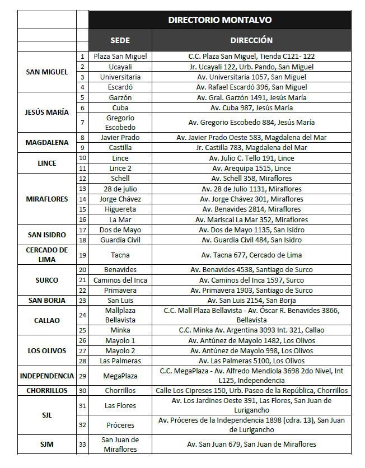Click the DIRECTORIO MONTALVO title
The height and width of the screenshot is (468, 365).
pyautogui.click(x=220, y=20)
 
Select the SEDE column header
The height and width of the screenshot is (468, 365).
pyautogui.click(x=120, y=40)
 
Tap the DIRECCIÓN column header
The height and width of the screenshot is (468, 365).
pyautogui.click(x=251, y=40)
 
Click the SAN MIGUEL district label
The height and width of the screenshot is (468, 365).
pyautogui.click(x=47, y=72)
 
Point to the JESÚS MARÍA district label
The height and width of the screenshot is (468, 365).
pyautogui.click(x=47, y=112)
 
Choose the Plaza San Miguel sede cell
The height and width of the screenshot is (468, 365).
pyautogui.click(x=120, y=57)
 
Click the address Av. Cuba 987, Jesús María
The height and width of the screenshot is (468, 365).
pyautogui.click(x=251, y=107)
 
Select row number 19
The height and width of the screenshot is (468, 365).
pyautogui.click(x=82, y=255)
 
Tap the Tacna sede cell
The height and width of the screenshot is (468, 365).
pyautogui.click(x=120, y=255)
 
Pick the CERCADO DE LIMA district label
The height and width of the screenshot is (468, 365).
pyautogui.click(x=47, y=255)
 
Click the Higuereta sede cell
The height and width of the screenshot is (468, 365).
pyautogui.click(x=120, y=209)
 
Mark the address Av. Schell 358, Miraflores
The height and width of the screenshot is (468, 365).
pyautogui.click(x=251, y=178)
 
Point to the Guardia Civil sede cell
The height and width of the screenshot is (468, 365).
pyautogui.click(x=120, y=240)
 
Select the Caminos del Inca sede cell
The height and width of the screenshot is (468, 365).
pyautogui.click(x=120, y=280)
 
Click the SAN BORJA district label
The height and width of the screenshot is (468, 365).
pyautogui.click(x=47, y=300)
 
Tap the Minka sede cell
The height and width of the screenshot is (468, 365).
pyautogui.click(x=120, y=330)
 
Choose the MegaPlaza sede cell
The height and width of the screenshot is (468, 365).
pyautogui.click(x=120, y=376)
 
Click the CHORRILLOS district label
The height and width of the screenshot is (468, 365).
pyautogui.click(x=47, y=390)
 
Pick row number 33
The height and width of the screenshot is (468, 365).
pyautogui.click(x=82, y=444)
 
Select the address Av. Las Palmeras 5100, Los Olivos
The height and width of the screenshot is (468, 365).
pyautogui.click(x=251, y=361)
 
